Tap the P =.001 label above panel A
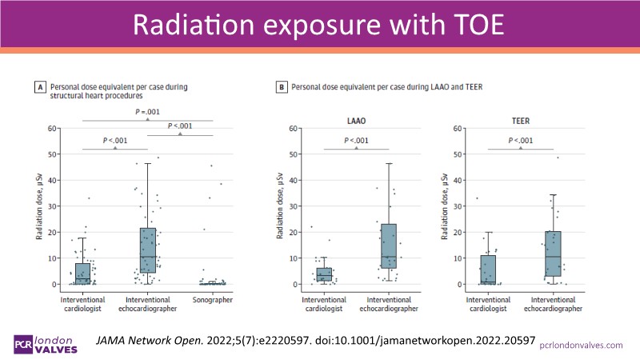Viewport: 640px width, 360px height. [x=148, y=112]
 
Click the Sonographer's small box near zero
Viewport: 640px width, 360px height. [x=212, y=282]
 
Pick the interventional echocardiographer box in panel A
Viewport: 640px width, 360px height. [x=148, y=250]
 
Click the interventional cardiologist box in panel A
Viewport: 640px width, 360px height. [x=83, y=274]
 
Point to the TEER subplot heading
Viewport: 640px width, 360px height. [x=521, y=121]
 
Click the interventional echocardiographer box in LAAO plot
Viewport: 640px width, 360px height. [x=389, y=246]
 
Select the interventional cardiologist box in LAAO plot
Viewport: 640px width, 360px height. [x=324, y=274]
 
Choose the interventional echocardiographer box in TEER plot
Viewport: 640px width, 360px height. [x=553, y=254]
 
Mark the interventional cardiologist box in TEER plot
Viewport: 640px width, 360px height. [x=488, y=270]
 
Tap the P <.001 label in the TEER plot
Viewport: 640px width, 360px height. [x=521, y=141]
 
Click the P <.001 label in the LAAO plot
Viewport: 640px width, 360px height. [x=356, y=141]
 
